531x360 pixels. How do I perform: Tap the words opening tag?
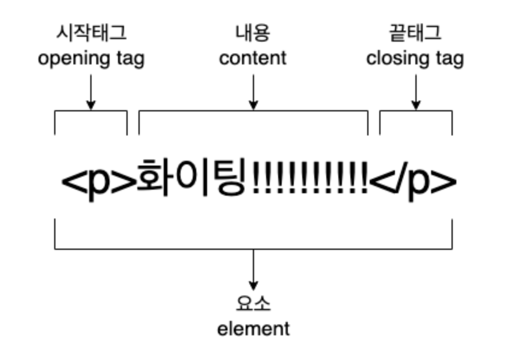91,59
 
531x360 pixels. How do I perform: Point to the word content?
253,59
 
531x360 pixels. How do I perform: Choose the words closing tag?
415,59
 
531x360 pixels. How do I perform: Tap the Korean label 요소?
253,304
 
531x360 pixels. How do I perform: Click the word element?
253,329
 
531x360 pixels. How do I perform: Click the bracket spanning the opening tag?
91,112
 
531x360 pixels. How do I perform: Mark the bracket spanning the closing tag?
415,112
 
